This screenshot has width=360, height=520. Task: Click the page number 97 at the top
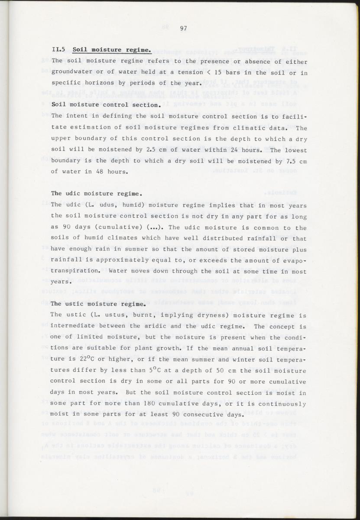point(183,29)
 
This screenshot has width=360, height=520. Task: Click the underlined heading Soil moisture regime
point(112,50)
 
